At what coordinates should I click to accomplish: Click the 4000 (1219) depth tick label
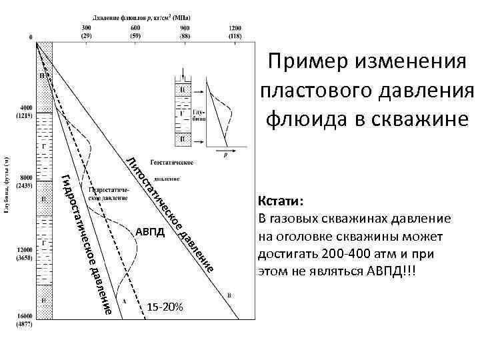(x=26, y=111)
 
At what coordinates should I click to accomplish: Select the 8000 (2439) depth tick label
(x=26, y=181)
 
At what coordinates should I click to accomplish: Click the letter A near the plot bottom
(x=124, y=301)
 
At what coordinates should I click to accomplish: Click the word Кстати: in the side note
(x=280, y=202)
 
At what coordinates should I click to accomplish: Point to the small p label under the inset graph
(x=225, y=154)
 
